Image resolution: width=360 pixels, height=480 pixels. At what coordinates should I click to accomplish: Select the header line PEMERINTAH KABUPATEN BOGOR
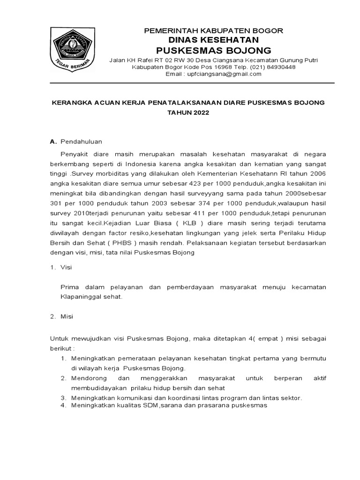click(213, 31)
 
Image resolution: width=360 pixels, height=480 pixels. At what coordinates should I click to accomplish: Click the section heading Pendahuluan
click(82, 141)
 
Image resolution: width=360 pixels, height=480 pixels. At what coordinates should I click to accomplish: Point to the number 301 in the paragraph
click(56, 203)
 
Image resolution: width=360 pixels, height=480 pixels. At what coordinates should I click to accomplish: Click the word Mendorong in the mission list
click(87, 378)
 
